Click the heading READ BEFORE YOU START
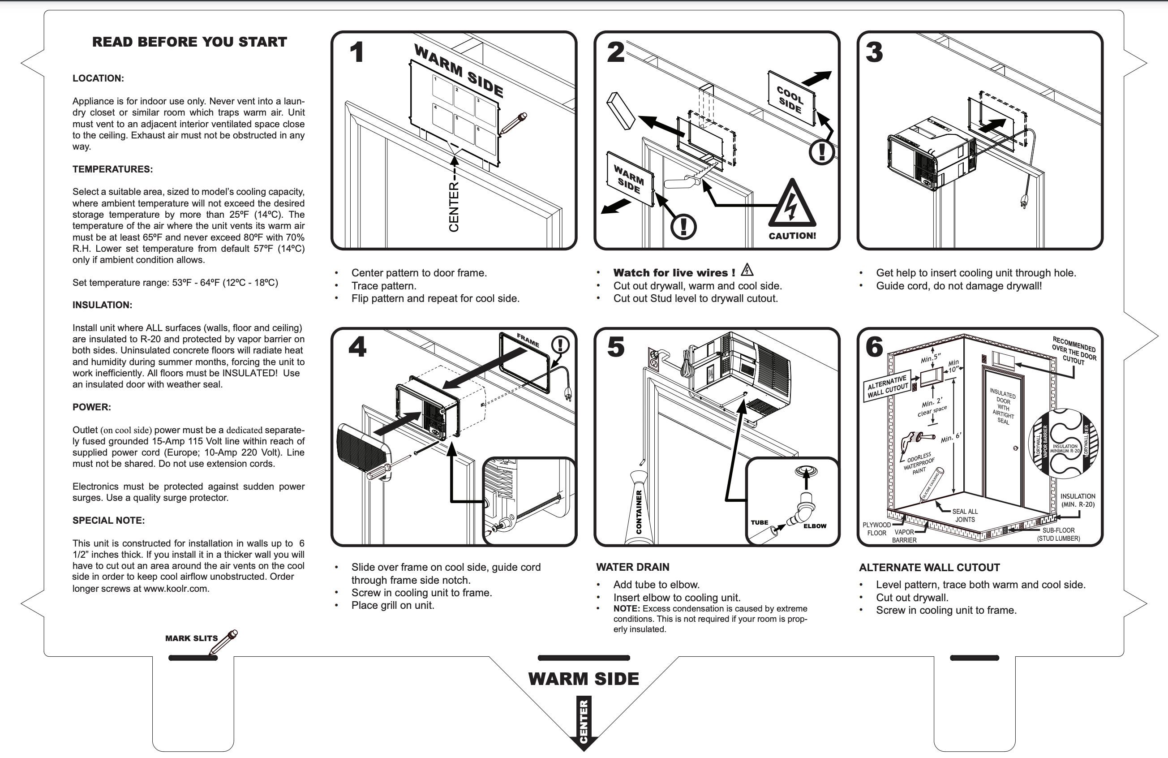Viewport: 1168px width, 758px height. [x=189, y=42]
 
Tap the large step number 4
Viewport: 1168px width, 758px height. [x=357, y=347]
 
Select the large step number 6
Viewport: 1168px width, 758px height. [x=874, y=347]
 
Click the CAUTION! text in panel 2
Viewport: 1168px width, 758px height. [x=792, y=236]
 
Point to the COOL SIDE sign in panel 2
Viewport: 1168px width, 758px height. [x=790, y=99]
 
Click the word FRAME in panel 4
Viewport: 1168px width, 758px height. [x=528, y=340]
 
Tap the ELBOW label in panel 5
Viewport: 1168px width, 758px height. [x=815, y=526]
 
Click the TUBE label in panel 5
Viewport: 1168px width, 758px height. [x=759, y=522]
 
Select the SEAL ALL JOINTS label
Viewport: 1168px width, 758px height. [x=965, y=515]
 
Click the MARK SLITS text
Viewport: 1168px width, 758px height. [x=191, y=638]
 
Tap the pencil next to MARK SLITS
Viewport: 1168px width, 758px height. [x=223, y=642]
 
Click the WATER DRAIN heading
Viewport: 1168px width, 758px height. [x=632, y=567]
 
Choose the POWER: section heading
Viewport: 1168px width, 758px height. [x=92, y=407]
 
